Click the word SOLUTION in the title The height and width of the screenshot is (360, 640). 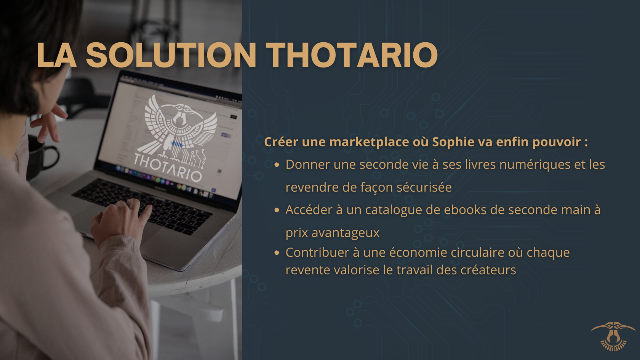click(171, 55)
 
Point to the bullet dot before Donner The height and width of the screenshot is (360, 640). click(277, 165)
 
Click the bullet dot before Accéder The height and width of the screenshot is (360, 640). click(277, 210)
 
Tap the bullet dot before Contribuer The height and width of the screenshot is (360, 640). click(277, 253)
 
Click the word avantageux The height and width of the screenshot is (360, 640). click(345, 233)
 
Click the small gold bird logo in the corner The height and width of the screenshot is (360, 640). click(613, 336)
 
